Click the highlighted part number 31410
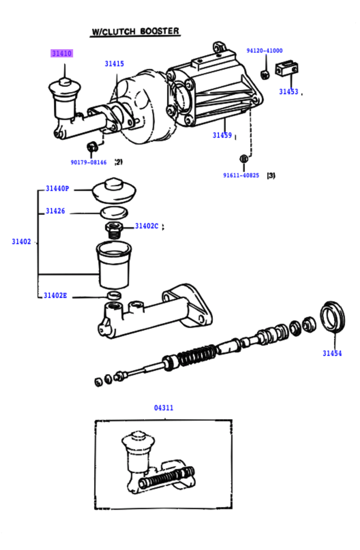coord(62,53)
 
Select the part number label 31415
coord(114,64)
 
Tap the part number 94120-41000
coord(264,51)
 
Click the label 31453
coord(288,92)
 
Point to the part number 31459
coord(222,135)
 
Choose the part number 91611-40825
coord(241,175)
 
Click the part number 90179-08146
coord(89,162)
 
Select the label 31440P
coord(57,189)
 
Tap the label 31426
coord(55,211)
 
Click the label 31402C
coord(147,226)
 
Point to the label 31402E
coord(55,296)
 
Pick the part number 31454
coord(332,353)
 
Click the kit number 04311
coord(164,408)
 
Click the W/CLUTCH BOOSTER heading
coord(135,31)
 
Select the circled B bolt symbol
coord(244,159)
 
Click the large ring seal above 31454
coord(332,317)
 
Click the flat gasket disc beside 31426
coord(114,213)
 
